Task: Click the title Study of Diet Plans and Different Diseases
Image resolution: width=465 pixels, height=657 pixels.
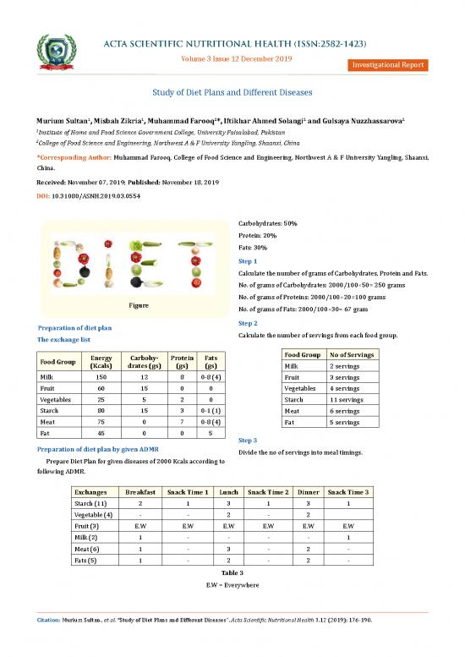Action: [232, 92]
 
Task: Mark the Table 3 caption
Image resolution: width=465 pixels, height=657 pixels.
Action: [232, 572]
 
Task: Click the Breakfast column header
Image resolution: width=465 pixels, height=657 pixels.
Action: [140, 491]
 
